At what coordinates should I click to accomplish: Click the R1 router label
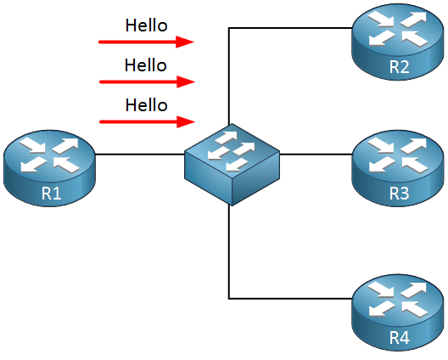click(52, 193)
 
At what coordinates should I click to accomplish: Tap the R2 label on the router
click(399, 66)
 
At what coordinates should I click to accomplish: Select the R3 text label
click(399, 193)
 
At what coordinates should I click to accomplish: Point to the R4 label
click(399, 337)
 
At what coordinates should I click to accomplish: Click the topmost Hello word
click(146, 25)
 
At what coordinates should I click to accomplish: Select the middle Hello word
click(145, 65)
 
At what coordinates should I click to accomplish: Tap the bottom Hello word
click(146, 105)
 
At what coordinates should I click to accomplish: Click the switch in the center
click(232, 165)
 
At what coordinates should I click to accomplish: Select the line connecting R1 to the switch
click(140, 155)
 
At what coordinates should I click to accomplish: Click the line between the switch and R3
click(316, 155)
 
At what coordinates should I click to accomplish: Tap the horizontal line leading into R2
click(290, 28)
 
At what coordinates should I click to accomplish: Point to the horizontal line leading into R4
click(290, 299)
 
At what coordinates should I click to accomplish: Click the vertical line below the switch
click(229, 251)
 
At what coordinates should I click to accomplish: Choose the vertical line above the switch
click(229, 76)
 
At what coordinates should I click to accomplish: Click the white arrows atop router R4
click(397, 300)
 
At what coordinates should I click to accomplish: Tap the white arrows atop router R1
click(49, 155)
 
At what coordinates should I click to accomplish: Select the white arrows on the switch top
click(232, 151)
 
